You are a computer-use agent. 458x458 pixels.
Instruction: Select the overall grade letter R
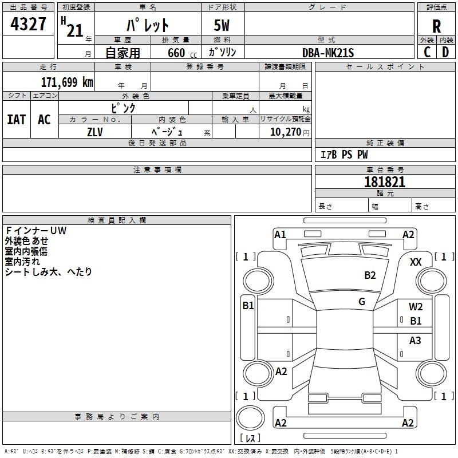pos(436,26)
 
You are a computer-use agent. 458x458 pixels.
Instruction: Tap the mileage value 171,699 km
pos(66,82)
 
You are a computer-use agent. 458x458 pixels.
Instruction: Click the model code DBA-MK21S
pos(328,53)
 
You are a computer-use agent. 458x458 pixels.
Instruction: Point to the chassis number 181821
pos(385,182)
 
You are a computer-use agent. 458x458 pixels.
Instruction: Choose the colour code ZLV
pos(95,131)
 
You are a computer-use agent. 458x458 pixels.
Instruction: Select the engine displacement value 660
pos(176,53)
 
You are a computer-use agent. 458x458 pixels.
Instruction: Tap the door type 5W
pos(222,26)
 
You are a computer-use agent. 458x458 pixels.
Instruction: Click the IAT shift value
pos(16,119)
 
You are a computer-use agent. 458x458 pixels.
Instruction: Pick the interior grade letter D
pos(445,52)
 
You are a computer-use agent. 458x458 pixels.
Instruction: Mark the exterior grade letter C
pos(427,52)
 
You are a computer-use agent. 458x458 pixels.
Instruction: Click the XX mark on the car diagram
pos(416,262)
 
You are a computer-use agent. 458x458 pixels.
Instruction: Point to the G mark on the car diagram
pos(362,302)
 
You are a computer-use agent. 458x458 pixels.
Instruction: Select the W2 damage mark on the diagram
pos(416,307)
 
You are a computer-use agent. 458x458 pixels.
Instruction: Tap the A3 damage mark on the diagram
pos(415,341)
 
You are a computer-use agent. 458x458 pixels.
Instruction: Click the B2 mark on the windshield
pos(370,275)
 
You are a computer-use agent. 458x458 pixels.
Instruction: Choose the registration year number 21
pos(74,30)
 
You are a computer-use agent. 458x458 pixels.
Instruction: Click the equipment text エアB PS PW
pos(343,155)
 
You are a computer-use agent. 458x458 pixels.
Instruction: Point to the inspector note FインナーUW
pos(36,231)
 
